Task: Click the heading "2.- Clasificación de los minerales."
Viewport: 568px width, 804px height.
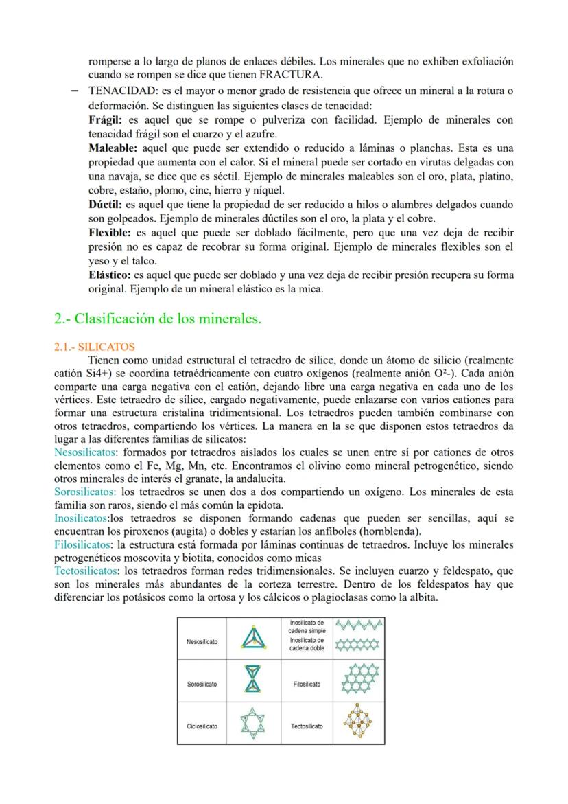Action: pyautogui.click(x=157, y=319)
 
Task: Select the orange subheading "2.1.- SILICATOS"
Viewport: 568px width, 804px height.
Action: pyautogui.click(x=94, y=347)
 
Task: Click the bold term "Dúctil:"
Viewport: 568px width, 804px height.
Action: pyautogui.click(x=106, y=205)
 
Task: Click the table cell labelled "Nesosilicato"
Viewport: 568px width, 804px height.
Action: pyautogui.click(x=202, y=641)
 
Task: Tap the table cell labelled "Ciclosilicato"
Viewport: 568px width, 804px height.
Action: pyautogui.click(x=202, y=726)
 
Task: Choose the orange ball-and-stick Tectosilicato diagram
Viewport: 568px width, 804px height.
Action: pyautogui.click(x=358, y=724)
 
